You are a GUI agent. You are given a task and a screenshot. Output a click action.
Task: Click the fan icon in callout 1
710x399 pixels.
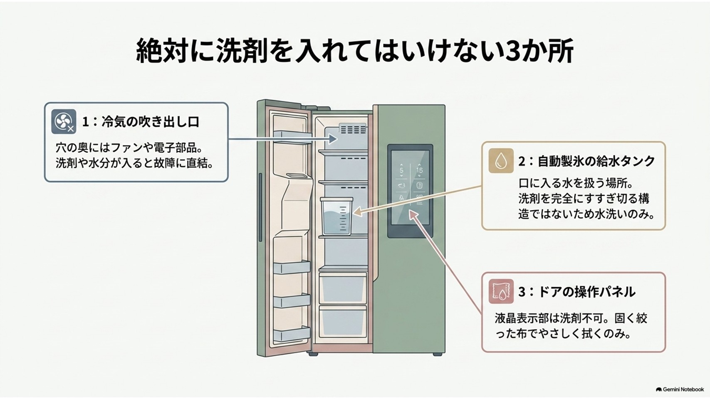64,122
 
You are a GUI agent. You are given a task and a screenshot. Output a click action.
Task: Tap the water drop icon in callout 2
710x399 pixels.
501,160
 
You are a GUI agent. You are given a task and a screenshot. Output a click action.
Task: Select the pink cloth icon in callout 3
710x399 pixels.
501,291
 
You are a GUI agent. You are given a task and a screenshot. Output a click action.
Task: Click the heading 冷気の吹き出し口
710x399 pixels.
150,122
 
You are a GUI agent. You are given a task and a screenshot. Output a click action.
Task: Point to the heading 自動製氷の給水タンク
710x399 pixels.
596,161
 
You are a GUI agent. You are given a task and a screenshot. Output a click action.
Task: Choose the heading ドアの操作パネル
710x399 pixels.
587,292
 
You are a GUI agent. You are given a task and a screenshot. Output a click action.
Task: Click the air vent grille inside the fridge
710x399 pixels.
352,129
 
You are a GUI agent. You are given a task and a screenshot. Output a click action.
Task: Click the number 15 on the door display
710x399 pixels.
419,170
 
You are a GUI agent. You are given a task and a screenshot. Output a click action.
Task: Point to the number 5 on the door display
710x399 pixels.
402,170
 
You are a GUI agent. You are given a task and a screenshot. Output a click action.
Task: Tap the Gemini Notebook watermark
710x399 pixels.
680,389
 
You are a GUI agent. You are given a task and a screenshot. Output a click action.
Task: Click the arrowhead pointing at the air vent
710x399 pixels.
333,139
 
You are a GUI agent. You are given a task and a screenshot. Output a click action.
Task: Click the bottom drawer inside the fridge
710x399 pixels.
343,323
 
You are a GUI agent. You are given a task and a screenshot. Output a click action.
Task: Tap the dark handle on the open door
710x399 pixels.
260,207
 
